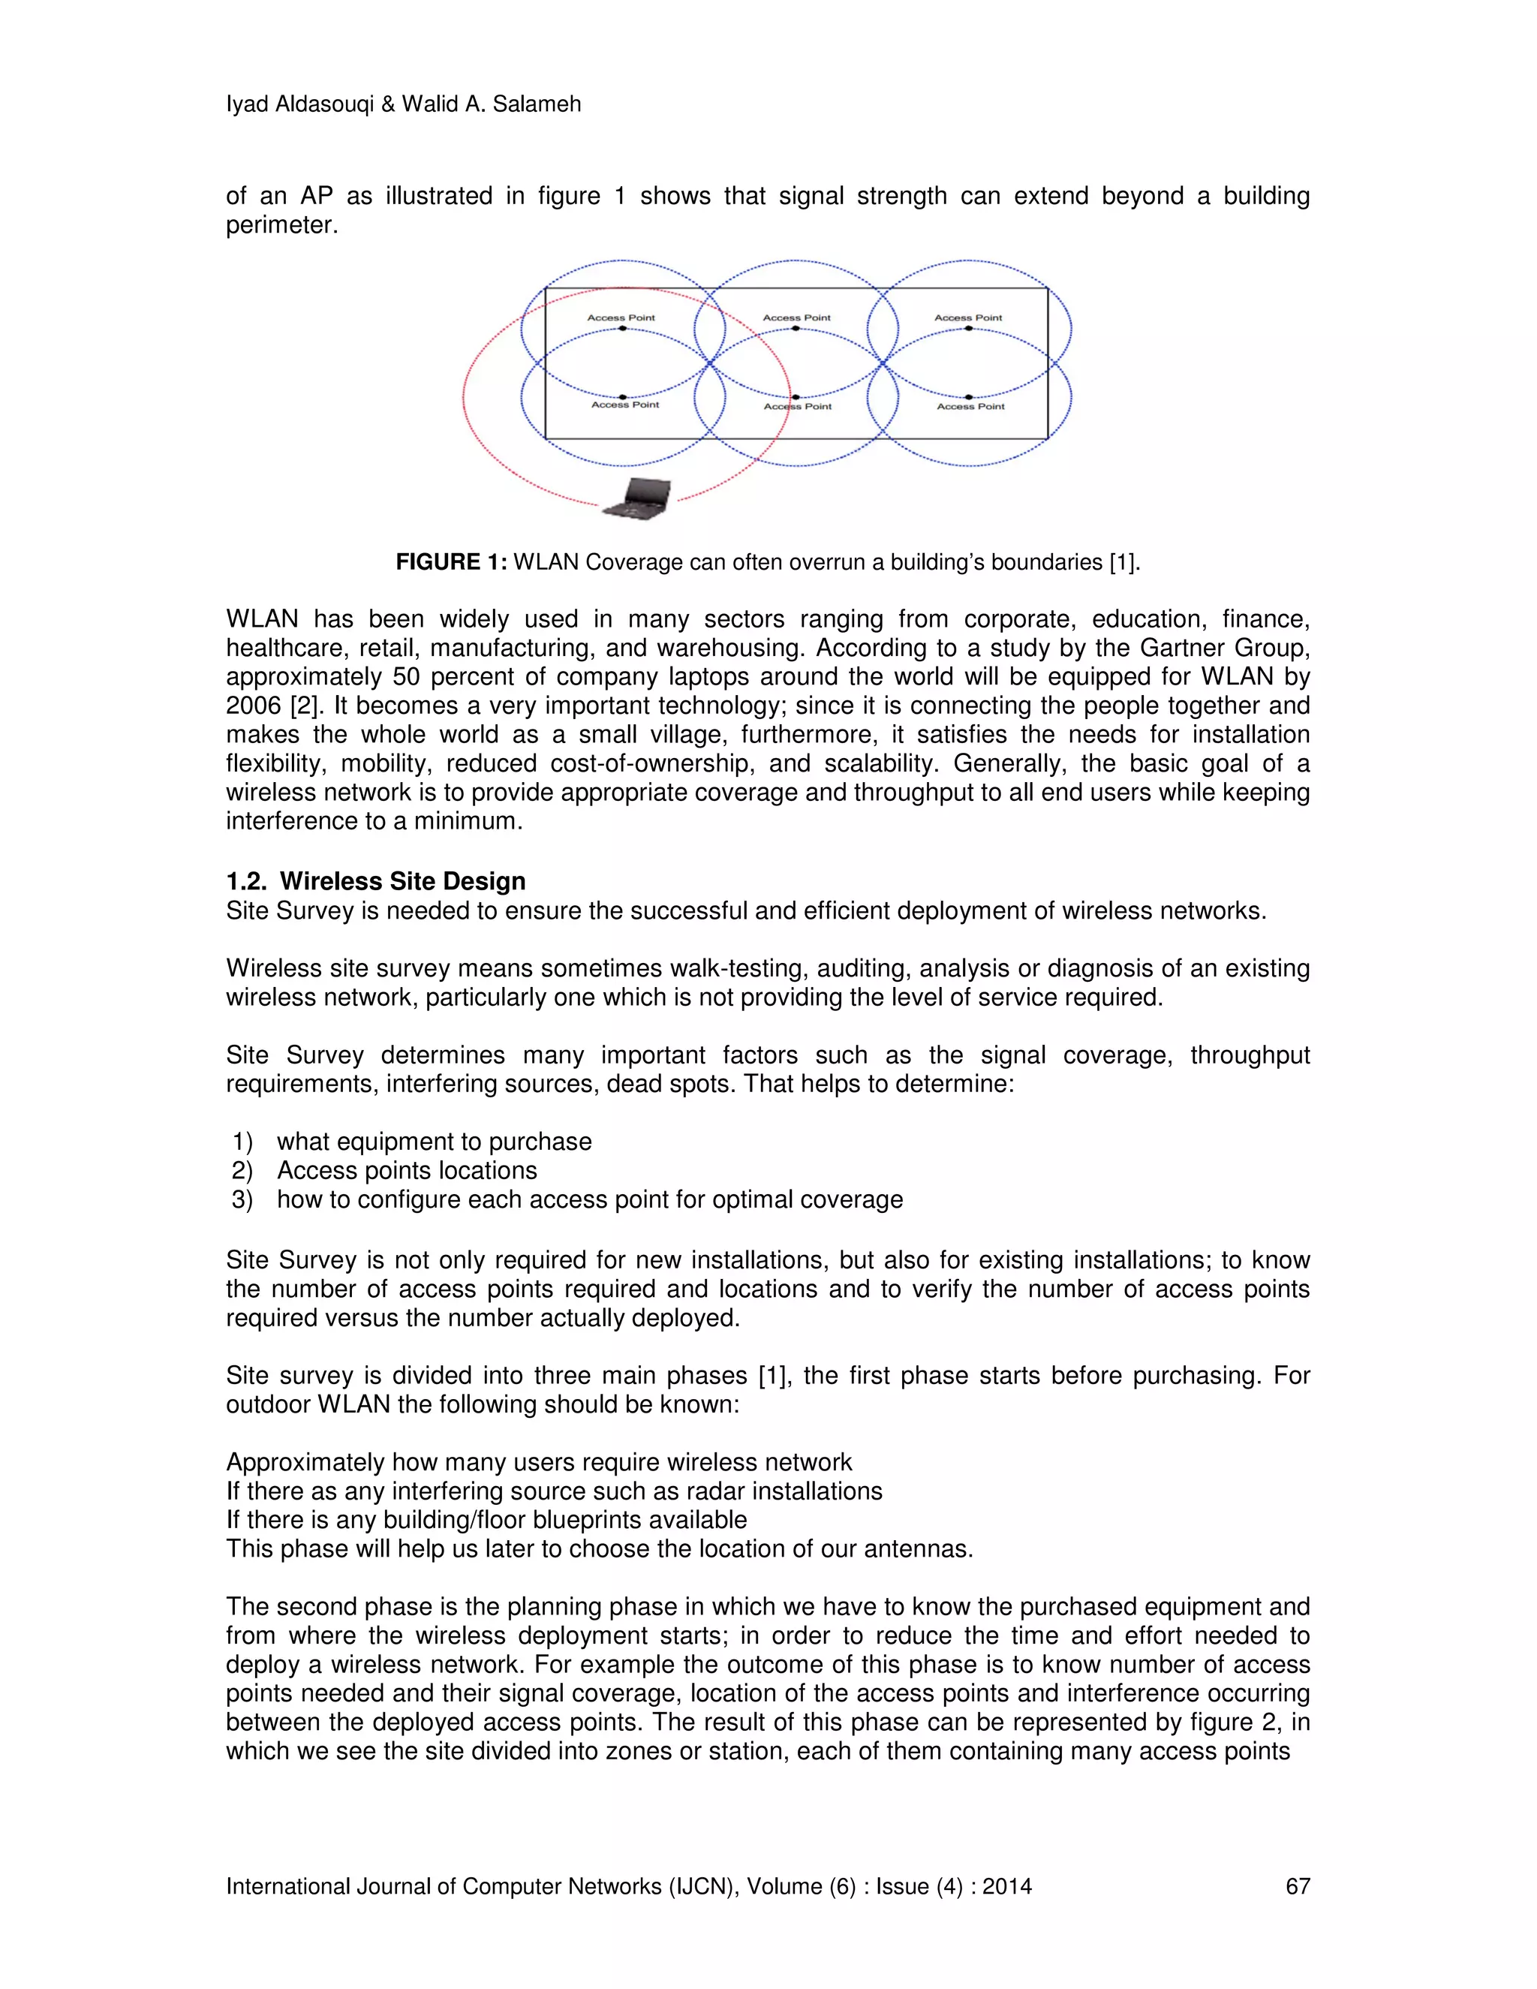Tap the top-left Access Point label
[x=621, y=317]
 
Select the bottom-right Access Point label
[x=970, y=406]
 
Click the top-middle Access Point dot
[x=796, y=328]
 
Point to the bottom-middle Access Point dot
[x=796, y=398]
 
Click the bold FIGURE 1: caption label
[x=451, y=562]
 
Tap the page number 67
[x=1297, y=1886]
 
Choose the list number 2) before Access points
[x=242, y=1170]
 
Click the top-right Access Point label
[x=968, y=317]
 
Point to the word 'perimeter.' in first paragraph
[x=282, y=225]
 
